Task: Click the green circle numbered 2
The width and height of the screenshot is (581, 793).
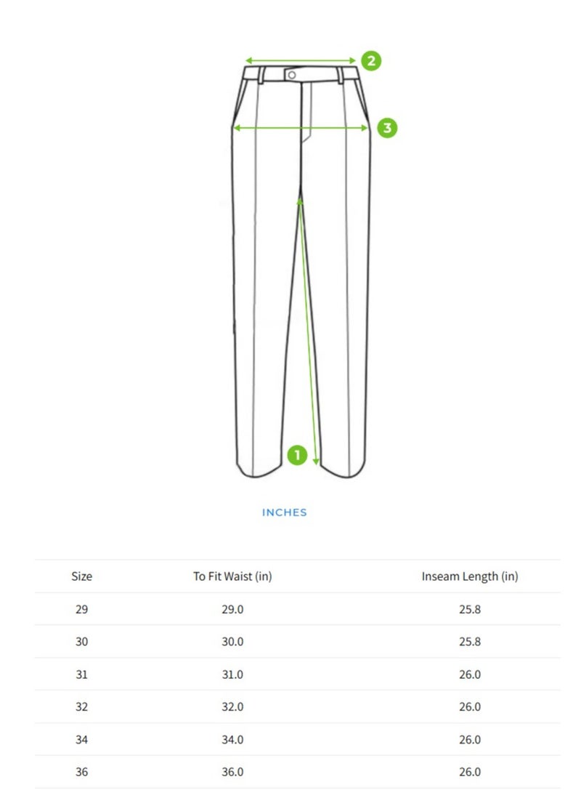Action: tap(371, 60)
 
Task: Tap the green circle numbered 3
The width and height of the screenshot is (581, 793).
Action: tap(387, 128)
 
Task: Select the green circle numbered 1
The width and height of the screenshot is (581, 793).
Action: tap(297, 455)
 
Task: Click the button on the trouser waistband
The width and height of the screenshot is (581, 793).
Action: tap(291, 76)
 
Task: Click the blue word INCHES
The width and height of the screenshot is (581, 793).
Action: tap(285, 512)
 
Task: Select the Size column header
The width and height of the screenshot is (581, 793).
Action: tap(81, 576)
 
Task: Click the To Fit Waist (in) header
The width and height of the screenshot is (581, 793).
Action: tap(232, 576)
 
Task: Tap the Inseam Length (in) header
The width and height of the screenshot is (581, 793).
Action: tap(470, 576)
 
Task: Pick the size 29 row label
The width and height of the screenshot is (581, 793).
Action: tap(81, 609)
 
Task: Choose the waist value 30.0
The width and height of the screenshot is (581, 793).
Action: tap(232, 642)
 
